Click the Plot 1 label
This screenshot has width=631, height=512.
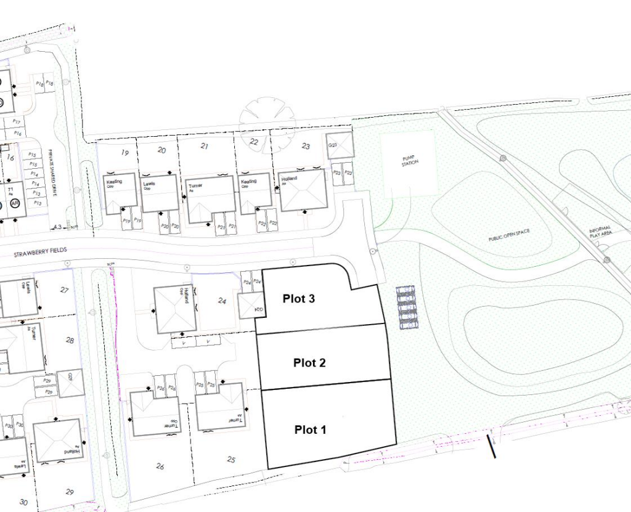(x=310, y=429)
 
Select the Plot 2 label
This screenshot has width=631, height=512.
(x=309, y=362)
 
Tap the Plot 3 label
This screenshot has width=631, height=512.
(x=299, y=299)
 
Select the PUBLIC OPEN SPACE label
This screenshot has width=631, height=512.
(x=508, y=234)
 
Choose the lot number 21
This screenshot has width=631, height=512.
(x=205, y=146)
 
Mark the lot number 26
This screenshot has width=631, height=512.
(x=160, y=466)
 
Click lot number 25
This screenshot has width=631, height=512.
(x=231, y=460)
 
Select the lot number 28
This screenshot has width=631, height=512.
(x=70, y=340)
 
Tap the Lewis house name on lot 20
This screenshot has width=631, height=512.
(x=148, y=185)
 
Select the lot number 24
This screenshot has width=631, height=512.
(x=223, y=301)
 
